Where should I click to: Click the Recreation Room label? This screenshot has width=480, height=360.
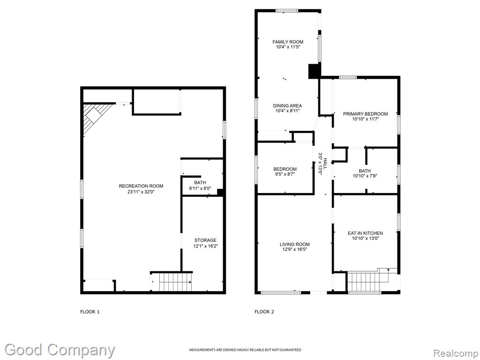pos(141,186)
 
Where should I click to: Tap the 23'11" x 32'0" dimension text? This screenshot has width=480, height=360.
pos(141,192)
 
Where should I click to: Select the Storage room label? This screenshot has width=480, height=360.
pos(205,240)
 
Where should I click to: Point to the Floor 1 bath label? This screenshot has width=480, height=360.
pos(200,183)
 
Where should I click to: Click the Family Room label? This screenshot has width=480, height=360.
pos(288,42)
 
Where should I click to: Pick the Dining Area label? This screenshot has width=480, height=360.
pos(287,106)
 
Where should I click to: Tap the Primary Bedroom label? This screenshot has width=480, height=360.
pos(366,114)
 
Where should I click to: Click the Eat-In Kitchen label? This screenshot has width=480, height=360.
pos(365,233)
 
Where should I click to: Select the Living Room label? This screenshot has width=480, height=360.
pos(294,244)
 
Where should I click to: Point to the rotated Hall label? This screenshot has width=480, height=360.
pos(325,164)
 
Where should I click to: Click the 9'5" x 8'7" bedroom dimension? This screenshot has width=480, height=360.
pos(285,174)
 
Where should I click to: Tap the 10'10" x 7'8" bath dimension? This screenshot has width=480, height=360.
pos(365,176)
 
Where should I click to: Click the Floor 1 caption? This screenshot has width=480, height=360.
pos(90,312)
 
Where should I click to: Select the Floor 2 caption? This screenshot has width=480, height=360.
pos(264,312)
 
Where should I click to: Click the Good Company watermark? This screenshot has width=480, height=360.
pos(60,350)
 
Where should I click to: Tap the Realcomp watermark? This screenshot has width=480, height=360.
pos(456,353)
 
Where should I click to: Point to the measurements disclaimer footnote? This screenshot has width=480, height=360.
pos(245,350)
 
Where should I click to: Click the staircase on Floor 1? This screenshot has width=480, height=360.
pos(175,282)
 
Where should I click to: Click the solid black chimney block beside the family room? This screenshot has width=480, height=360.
pos(314,71)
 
